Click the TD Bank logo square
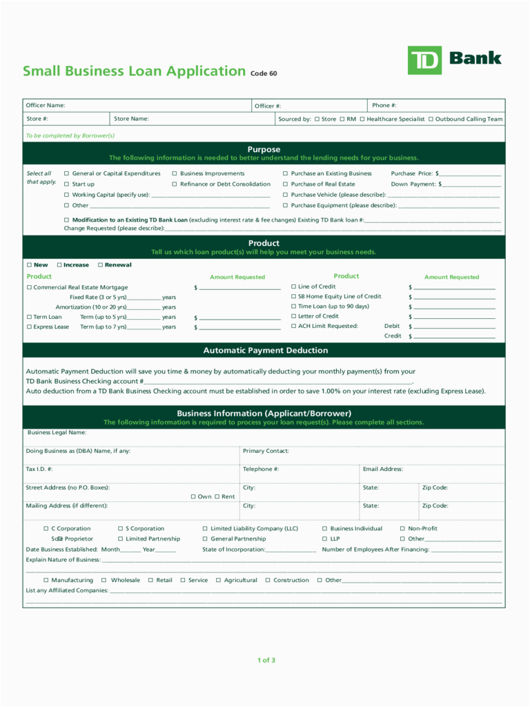pyautogui.click(x=424, y=61)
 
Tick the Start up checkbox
pyautogui.click(x=67, y=184)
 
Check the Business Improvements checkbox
pyautogui.click(x=175, y=174)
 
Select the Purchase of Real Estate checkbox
pyautogui.click(x=285, y=184)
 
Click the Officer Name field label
pyautogui.click(x=46, y=106)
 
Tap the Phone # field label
pyautogui.click(x=384, y=106)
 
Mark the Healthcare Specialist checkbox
pyautogui.click(x=362, y=119)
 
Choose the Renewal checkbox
pyautogui.click(x=100, y=265)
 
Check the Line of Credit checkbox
pyautogui.click(x=293, y=287)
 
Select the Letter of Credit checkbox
pyautogui.click(x=293, y=316)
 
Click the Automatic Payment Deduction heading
pyautogui.click(x=265, y=351)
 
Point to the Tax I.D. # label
pyautogui.click(x=39, y=469)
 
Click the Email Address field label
pyautogui.click(x=383, y=469)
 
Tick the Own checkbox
pyautogui.click(x=193, y=496)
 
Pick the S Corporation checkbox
pyautogui.click(x=120, y=529)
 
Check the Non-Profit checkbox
pyautogui.click(x=402, y=529)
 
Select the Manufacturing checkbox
pyautogui.click(x=46, y=581)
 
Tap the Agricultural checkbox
pyautogui.click(x=219, y=581)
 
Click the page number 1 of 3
pyautogui.click(x=266, y=660)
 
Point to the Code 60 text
pyautogui.click(x=264, y=74)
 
